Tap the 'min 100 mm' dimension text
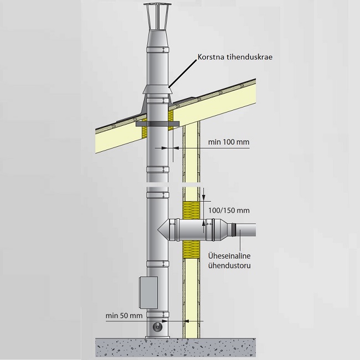click(x=228, y=142)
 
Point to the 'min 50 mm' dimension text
click(x=124, y=315)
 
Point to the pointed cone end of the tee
click(x=162, y=229)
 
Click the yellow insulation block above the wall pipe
click(x=191, y=210)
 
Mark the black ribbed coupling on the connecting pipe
click(x=236, y=228)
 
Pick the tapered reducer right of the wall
click(x=222, y=228)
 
